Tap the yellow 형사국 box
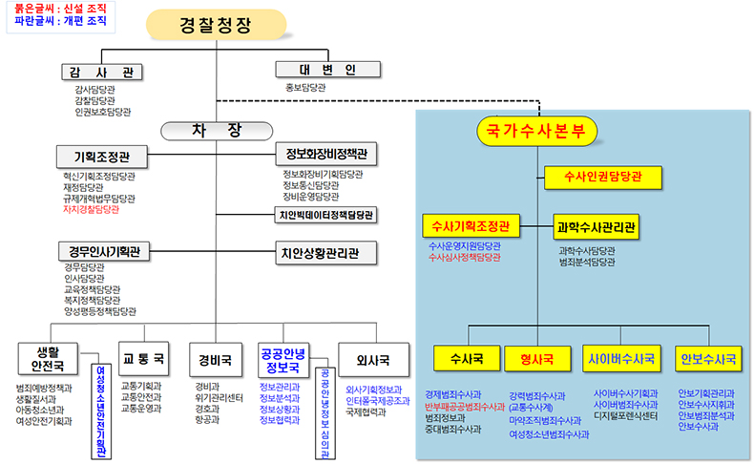(537, 359)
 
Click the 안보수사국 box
(707, 359)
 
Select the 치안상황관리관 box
(325, 254)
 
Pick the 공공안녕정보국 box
(282, 359)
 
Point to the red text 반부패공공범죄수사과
(465, 406)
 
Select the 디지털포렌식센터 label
(626, 416)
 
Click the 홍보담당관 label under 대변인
(305, 87)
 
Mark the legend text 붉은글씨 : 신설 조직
(54, 8)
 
